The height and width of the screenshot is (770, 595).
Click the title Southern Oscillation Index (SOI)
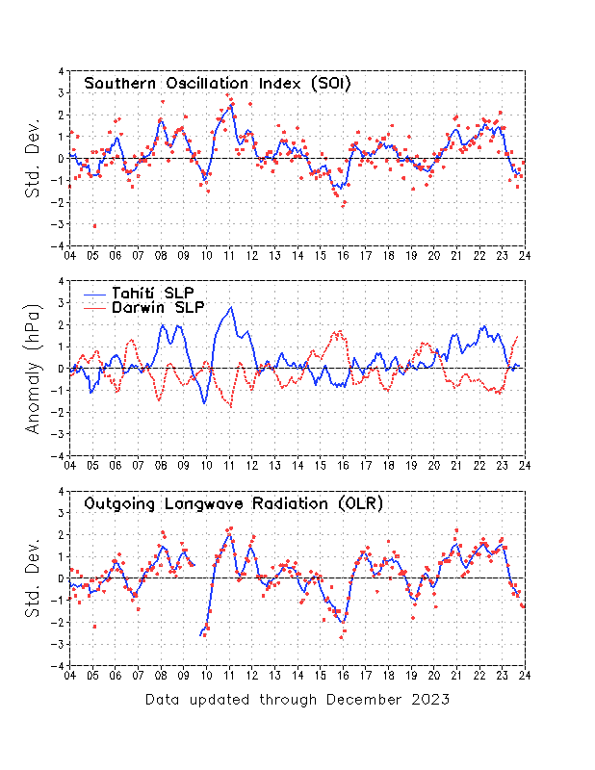(218, 84)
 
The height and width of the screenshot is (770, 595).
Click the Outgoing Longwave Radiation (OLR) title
(234, 502)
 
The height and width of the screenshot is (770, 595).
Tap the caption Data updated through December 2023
(297, 700)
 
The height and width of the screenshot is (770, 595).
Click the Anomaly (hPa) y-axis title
(35, 368)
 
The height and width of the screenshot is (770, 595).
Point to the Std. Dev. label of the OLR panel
(35, 577)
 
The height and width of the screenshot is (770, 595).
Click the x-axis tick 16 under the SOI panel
(343, 255)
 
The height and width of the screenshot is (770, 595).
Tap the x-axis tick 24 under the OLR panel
(525, 675)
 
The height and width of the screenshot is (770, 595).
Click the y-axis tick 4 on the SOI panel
(61, 71)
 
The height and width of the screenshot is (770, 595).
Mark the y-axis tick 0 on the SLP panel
(61, 369)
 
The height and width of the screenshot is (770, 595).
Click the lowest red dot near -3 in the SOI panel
(94, 225)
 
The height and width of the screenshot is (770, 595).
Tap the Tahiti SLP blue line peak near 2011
(230, 308)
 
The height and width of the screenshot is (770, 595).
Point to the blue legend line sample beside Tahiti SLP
(94, 293)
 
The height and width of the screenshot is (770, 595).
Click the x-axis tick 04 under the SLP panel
(69, 465)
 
